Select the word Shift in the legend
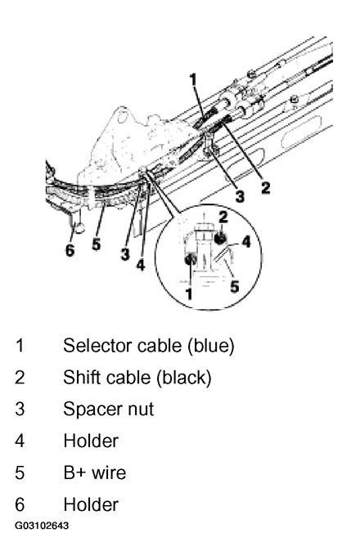(x=81, y=378)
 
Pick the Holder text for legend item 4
(x=91, y=441)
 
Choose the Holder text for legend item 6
(x=91, y=504)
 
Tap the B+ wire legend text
(x=95, y=473)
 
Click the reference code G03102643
(x=42, y=526)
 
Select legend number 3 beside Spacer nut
(x=20, y=410)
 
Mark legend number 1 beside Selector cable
(x=20, y=346)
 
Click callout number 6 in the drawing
(x=70, y=250)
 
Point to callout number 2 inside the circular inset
(x=223, y=217)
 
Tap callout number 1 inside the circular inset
(x=189, y=293)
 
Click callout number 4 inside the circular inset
(x=246, y=242)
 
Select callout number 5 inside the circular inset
(x=235, y=286)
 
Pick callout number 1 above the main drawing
(x=193, y=79)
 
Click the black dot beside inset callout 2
(x=221, y=237)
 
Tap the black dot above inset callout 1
(x=190, y=259)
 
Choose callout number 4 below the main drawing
(x=141, y=265)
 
